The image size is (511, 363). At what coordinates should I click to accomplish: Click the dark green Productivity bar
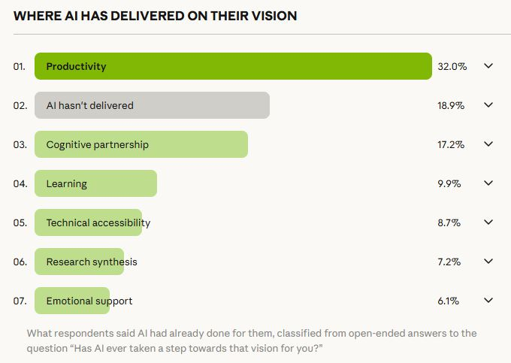click(x=233, y=66)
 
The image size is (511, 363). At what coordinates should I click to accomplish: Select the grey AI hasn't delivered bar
click(x=152, y=105)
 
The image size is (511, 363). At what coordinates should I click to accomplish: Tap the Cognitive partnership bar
click(x=141, y=144)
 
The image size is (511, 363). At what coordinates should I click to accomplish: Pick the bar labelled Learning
click(x=95, y=183)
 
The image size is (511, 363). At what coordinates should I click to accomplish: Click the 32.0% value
click(x=452, y=66)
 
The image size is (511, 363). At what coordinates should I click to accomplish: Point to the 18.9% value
click(x=451, y=105)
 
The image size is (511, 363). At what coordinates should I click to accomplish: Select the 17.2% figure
click(x=451, y=144)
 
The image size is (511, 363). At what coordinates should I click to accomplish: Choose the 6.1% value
click(x=449, y=301)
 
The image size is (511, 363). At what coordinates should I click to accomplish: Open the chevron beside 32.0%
click(x=488, y=66)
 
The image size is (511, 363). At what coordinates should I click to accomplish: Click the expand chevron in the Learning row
click(x=488, y=183)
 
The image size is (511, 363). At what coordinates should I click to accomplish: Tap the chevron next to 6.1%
click(x=488, y=301)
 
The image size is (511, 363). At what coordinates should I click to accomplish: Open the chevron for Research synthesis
click(x=488, y=262)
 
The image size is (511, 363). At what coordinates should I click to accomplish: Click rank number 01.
click(x=20, y=66)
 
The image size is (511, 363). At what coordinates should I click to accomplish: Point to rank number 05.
click(x=20, y=222)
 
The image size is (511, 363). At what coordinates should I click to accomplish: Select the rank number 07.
click(x=20, y=301)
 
